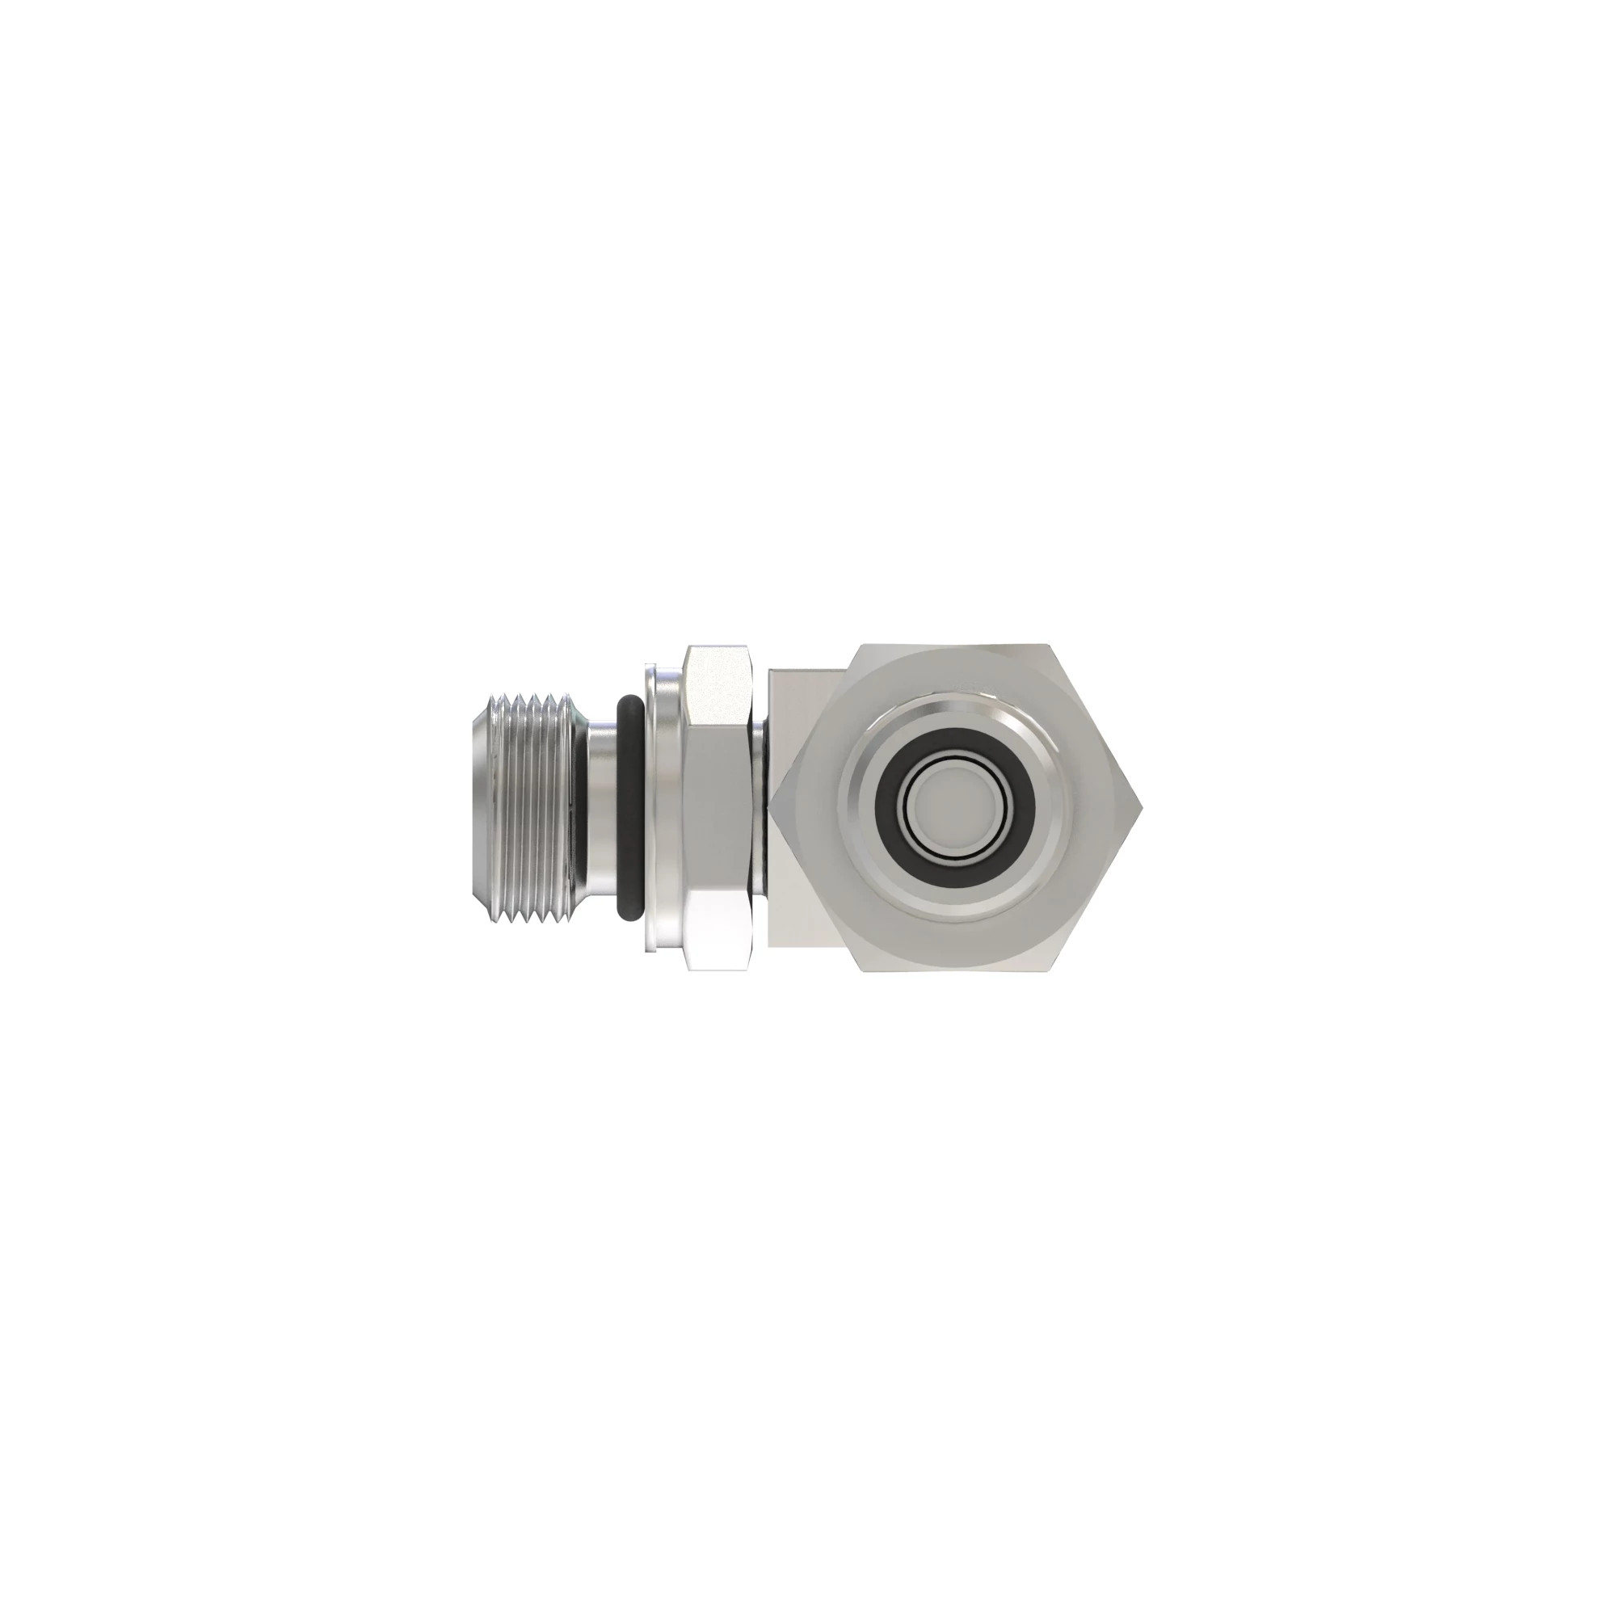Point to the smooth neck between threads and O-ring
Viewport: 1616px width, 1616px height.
[x=600, y=808]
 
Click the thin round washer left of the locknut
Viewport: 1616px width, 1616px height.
[x=661, y=808]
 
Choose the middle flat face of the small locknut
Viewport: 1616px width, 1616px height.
[x=718, y=808]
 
